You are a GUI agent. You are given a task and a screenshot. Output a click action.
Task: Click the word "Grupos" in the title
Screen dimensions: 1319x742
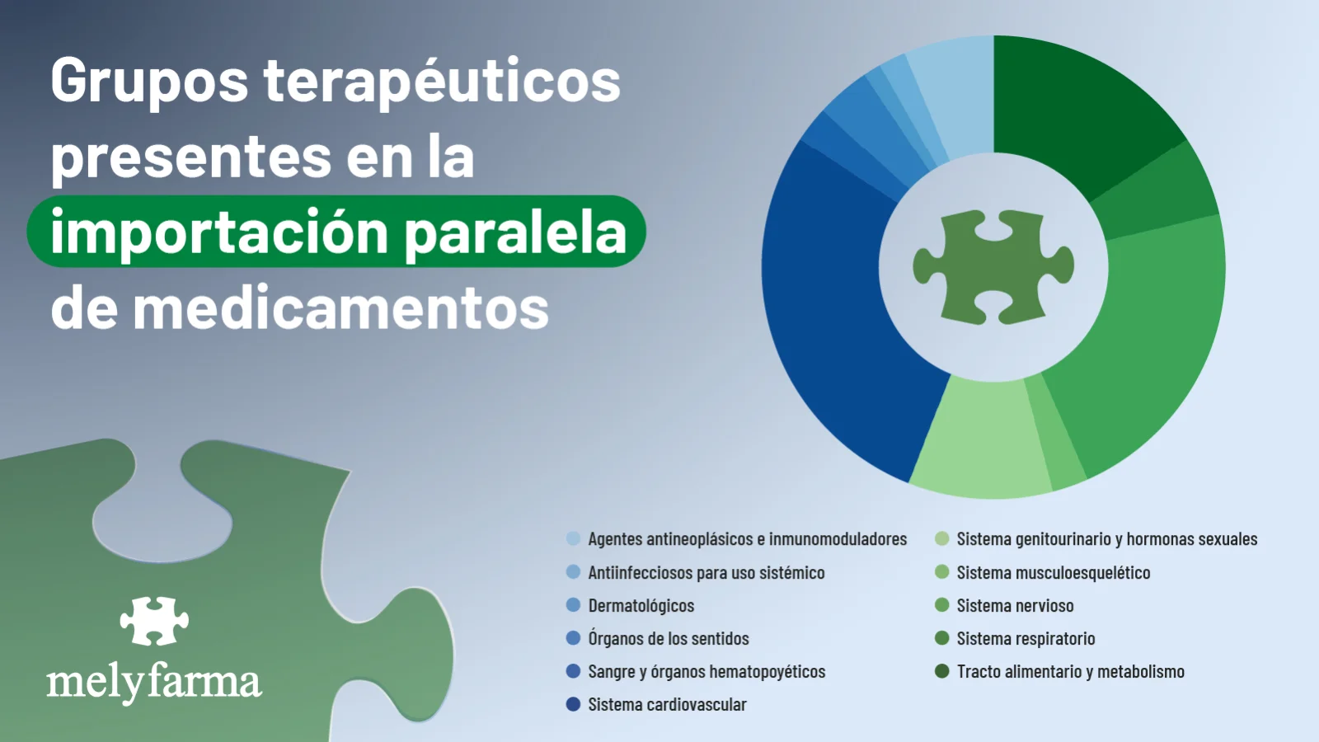coord(149,82)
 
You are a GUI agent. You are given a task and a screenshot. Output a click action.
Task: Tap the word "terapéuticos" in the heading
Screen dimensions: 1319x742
coord(442,81)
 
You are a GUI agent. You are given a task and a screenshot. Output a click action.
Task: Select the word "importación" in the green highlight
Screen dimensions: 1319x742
coord(219,232)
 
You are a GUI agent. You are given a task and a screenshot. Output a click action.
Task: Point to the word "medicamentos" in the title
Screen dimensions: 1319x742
coord(341,306)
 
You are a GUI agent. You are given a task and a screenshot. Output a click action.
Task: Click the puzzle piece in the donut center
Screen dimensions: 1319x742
coord(993,267)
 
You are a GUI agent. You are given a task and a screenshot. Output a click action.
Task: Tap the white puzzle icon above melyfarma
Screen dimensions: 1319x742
coord(154,621)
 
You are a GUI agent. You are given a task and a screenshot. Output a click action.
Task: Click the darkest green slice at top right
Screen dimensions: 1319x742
coord(1077,112)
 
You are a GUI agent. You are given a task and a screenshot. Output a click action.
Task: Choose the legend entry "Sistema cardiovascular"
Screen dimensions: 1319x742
coord(656,704)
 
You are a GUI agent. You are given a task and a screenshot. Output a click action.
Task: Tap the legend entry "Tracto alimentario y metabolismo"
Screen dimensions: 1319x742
coord(1060,671)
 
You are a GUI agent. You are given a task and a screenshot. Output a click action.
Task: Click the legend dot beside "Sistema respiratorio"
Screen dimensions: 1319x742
coord(942,638)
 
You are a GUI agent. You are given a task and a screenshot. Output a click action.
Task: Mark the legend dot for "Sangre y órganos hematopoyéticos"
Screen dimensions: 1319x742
coord(574,671)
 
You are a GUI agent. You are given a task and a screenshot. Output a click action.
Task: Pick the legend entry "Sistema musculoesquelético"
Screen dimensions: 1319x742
coord(1043,572)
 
